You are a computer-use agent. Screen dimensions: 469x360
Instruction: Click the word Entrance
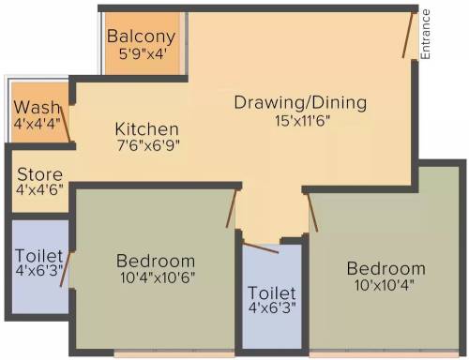tap(425, 35)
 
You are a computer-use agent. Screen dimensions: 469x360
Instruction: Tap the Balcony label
tap(141, 37)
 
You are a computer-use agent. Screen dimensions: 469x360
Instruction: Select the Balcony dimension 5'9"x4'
tap(142, 54)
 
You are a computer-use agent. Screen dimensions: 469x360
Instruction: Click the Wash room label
tap(37, 108)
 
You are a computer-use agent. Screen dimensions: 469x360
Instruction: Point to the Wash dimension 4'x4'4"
tap(38, 124)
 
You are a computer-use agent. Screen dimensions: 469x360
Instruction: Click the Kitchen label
tap(146, 129)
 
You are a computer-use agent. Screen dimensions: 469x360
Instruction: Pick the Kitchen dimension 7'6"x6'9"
tap(148, 145)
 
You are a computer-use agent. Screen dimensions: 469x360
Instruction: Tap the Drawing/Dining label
tap(300, 103)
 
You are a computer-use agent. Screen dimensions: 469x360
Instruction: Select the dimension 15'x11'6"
tap(302, 121)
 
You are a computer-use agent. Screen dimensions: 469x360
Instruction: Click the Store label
tap(39, 174)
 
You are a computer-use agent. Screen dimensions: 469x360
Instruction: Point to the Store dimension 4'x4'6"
tap(39, 189)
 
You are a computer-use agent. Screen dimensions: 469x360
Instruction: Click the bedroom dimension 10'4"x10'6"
tap(158, 277)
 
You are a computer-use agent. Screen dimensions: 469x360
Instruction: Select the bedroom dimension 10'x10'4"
tap(385, 285)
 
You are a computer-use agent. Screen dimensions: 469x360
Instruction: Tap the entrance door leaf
tap(409, 36)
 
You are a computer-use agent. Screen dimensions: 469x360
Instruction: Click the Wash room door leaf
tap(66, 125)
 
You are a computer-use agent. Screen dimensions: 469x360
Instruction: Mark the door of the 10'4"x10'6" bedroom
tap(232, 208)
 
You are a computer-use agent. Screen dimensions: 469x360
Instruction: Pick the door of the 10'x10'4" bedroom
tap(312, 213)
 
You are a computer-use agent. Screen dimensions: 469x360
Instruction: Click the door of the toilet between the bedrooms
tap(261, 248)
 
